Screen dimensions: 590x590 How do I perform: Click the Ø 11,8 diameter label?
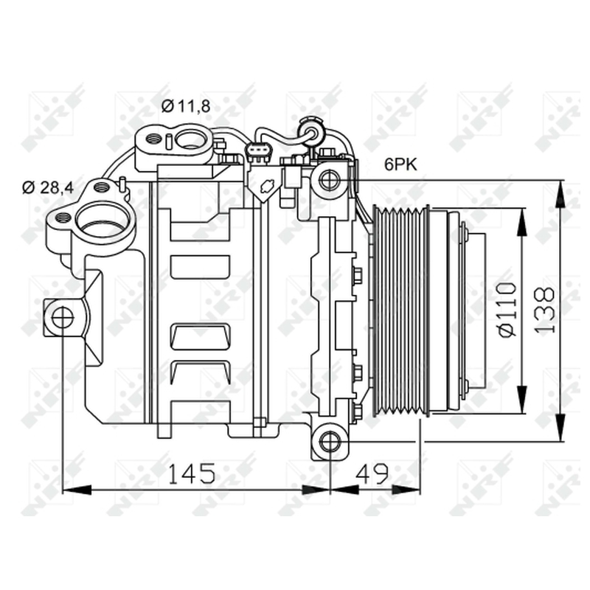coord(186,107)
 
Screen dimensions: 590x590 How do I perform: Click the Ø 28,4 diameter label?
coord(48,187)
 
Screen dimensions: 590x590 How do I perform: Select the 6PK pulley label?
coord(400,164)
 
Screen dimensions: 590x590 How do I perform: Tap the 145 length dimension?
coord(192,473)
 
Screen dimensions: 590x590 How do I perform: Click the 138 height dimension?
coord(544,310)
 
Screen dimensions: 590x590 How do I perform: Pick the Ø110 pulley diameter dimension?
coord(507,310)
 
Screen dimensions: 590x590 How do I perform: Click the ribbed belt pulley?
coord(400,310)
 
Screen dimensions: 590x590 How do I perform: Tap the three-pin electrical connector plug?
coord(257,153)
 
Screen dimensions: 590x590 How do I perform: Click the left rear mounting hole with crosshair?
coord(63,318)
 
